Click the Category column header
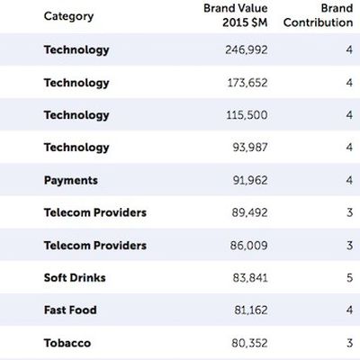68,16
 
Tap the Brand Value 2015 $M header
231,15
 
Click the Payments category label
71,180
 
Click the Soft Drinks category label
75,278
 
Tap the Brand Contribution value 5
348,278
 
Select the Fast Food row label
70,310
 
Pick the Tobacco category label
67,343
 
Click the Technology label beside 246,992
76,50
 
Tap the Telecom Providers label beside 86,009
95,246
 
